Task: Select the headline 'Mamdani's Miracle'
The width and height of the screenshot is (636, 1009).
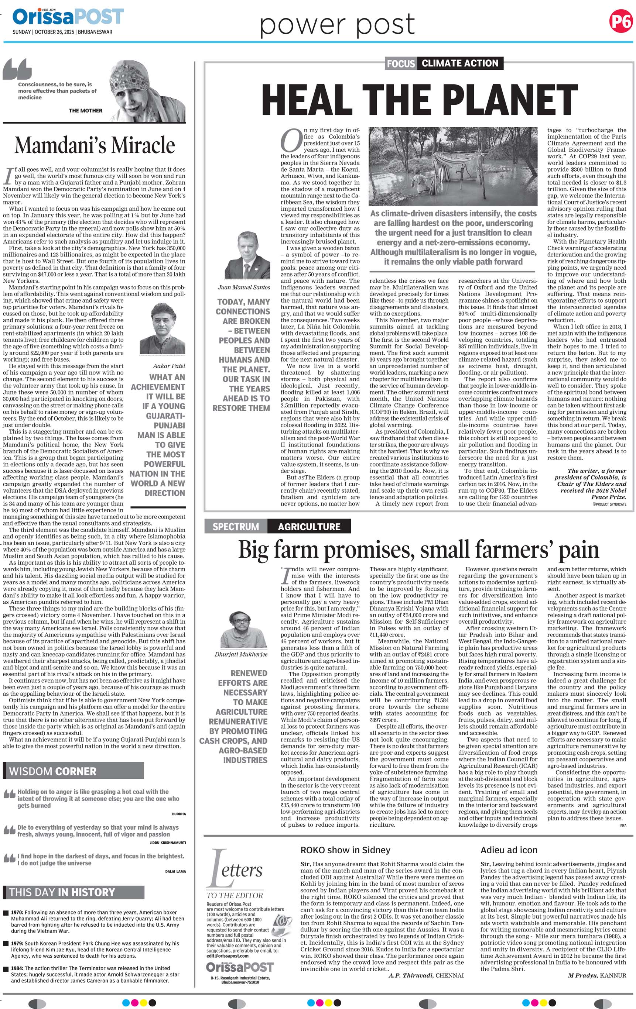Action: tap(95, 145)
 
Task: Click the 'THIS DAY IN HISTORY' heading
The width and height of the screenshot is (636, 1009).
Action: tap(62, 892)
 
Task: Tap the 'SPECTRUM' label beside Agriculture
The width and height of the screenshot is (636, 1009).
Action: tap(236, 526)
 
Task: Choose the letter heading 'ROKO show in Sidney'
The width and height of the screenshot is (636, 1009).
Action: tap(345, 850)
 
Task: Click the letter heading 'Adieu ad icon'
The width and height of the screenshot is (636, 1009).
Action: tap(509, 850)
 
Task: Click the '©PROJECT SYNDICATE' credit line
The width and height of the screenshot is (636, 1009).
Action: tap(609, 504)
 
